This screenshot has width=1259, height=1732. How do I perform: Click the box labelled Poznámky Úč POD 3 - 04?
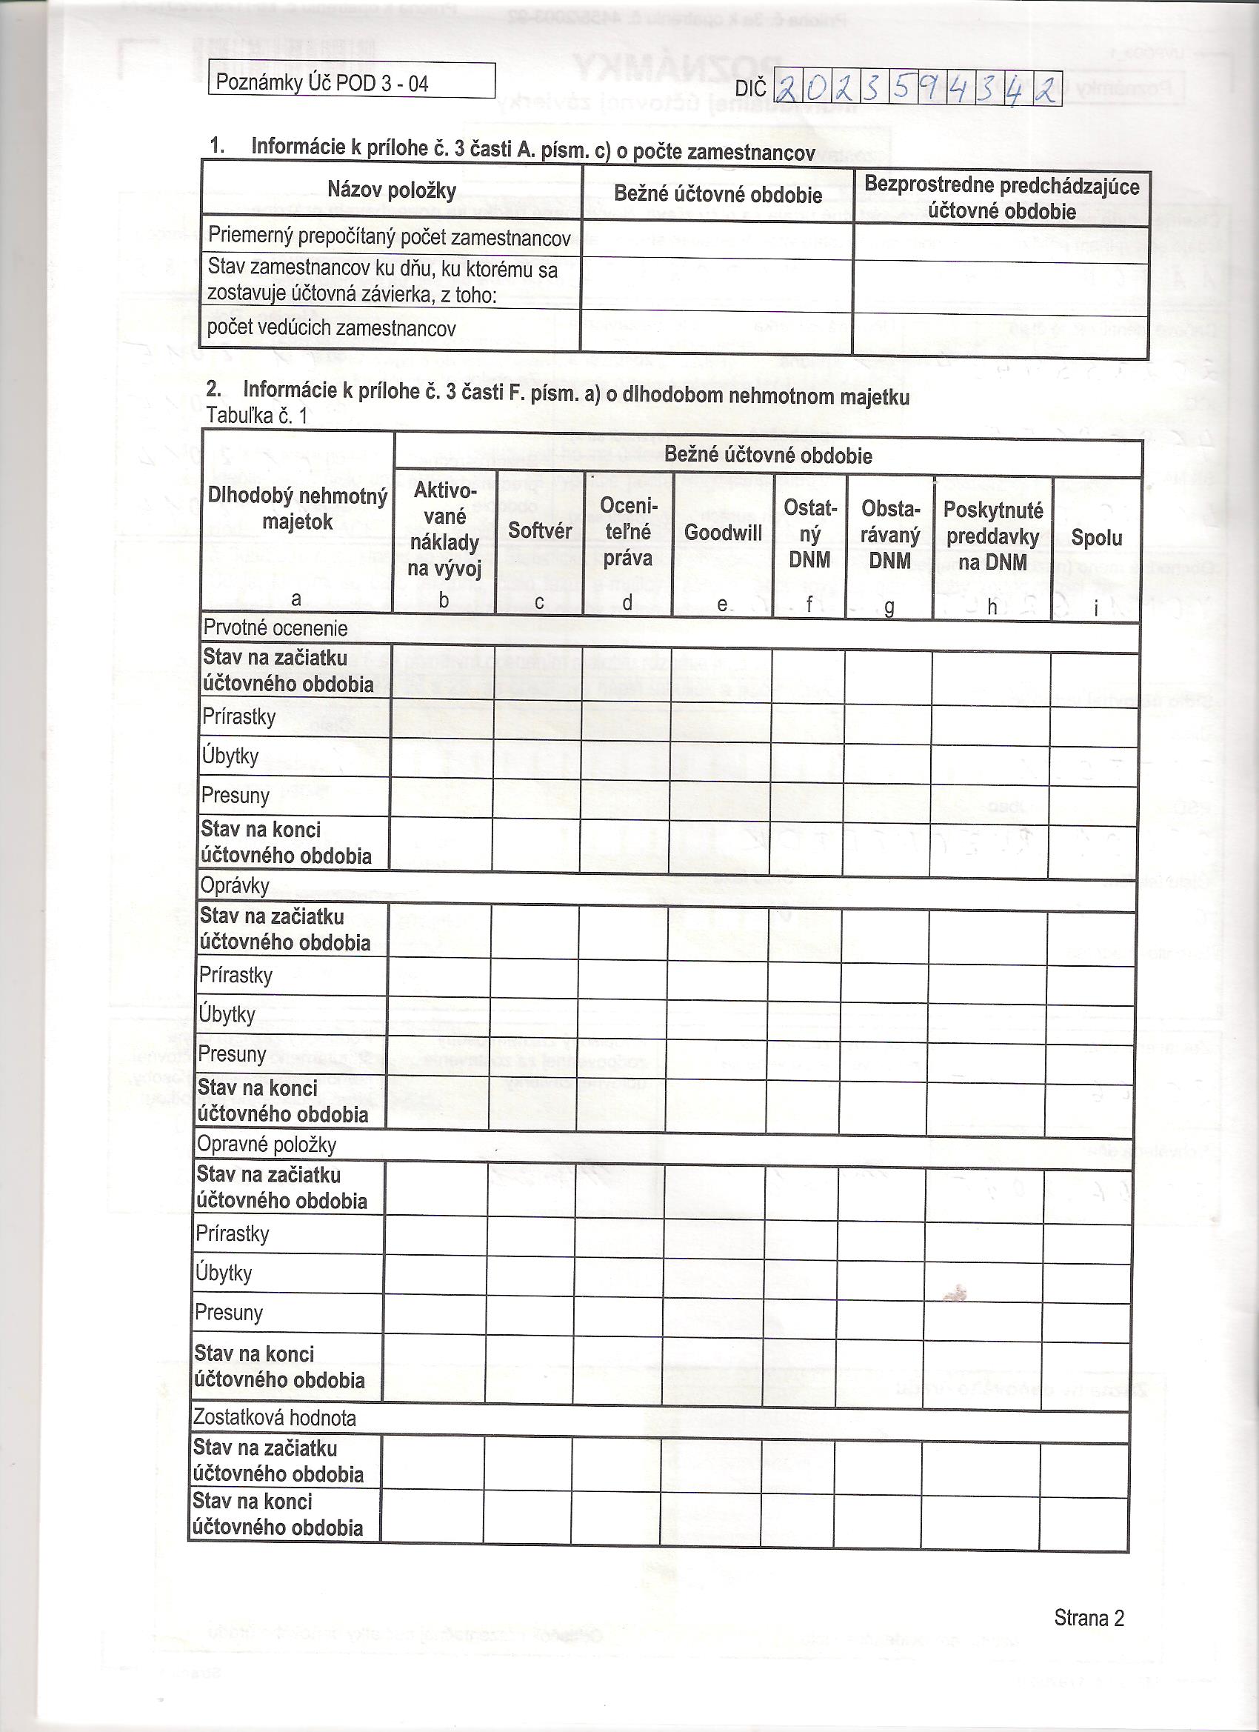pyautogui.click(x=351, y=81)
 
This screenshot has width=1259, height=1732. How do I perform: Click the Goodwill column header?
pyautogui.click(x=722, y=533)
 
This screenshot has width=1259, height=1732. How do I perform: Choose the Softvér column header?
pyautogui.click(x=540, y=530)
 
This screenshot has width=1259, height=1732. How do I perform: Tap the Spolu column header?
pyautogui.click(x=1096, y=538)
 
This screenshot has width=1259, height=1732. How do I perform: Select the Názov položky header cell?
pyautogui.click(x=392, y=190)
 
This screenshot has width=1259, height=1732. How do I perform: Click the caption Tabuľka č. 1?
pyautogui.click(x=256, y=416)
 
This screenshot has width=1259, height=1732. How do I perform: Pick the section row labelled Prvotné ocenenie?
pyautogui.click(x=275, y=628)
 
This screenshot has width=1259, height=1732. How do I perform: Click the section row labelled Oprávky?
pyautogui.click(x=234, y=886)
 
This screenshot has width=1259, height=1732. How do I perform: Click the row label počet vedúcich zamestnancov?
pyautogui.click(x=331, y=328)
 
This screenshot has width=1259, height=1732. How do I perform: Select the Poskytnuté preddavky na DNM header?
pyautogui.click(x=992, y=536)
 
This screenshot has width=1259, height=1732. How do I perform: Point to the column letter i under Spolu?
pyautogui.click(x=1095, y=608)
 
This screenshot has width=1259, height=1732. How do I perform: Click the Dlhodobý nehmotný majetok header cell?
pyautogui.click(x=297, y=510)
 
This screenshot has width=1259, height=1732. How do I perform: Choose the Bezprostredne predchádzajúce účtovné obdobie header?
pyautogui.click(x=1002, y=198)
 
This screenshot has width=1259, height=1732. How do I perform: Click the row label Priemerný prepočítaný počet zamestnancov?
pyautogui.click(x=390, y=238)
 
